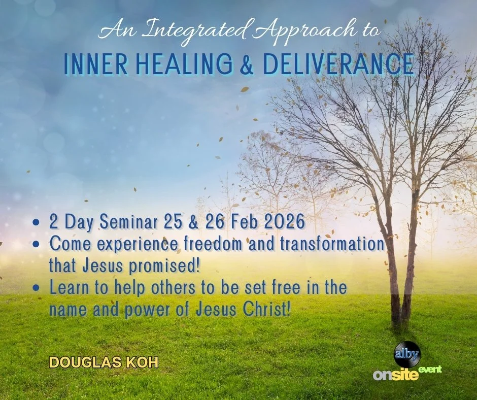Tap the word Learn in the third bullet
point(67,287)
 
